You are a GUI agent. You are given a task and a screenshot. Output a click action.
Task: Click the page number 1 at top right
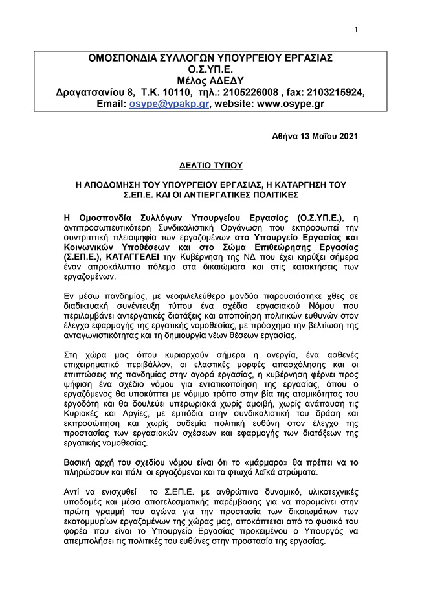coord(356,29)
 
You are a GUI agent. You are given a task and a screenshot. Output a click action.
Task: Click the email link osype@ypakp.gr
coord(169,104)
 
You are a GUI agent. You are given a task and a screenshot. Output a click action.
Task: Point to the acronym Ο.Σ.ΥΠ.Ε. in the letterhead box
coord(210,69)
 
